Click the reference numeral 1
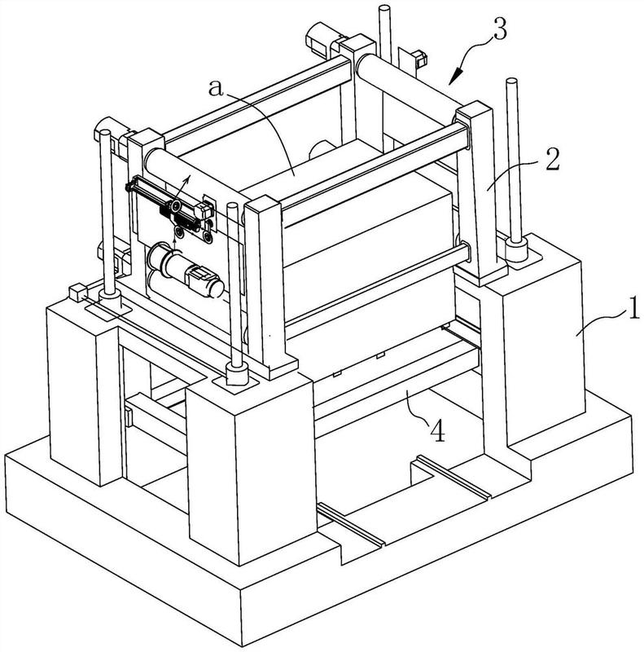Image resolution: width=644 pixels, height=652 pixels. pos(633,308)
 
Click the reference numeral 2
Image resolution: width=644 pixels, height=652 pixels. pos(552,159)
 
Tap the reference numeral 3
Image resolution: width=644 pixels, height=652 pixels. pos(500,29)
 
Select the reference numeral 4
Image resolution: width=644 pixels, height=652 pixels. pos(437,430)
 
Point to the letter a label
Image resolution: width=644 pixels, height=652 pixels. pos(216,88)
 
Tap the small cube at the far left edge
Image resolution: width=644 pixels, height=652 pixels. pos(77,293)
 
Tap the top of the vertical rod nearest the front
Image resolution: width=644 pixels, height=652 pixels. pos(233,205)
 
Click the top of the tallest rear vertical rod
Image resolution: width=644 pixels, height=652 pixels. pos(385,7)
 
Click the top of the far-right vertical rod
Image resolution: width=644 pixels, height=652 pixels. pos(511,81)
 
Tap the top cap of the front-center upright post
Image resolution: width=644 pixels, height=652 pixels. pos(263,202)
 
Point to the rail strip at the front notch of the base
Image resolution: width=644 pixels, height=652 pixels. pos(351,523)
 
